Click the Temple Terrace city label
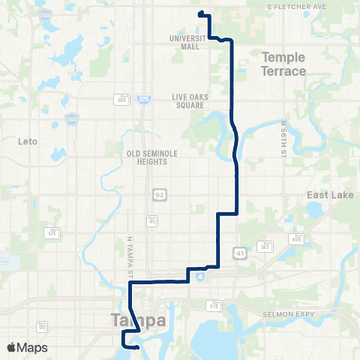click(284, 64)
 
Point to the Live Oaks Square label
click(188, 101)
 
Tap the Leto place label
click(27, 140)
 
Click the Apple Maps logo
click(27, 347)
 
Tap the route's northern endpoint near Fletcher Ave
click(200, 13)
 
